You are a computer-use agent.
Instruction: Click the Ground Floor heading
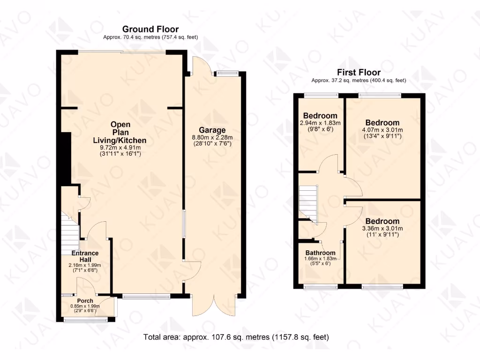point(150,30)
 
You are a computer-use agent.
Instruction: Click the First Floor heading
point(359,72)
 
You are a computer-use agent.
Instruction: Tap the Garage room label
point(212,130)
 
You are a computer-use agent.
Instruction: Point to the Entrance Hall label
point(84,256)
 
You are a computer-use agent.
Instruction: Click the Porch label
point(85,300)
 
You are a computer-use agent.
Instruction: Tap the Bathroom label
point(321,253)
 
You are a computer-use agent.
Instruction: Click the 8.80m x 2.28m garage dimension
point(212,137)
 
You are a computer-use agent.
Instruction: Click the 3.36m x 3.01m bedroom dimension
point(382,228)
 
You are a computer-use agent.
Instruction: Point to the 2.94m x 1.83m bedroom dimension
point(320,123)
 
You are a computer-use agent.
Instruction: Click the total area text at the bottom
point(236,337)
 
